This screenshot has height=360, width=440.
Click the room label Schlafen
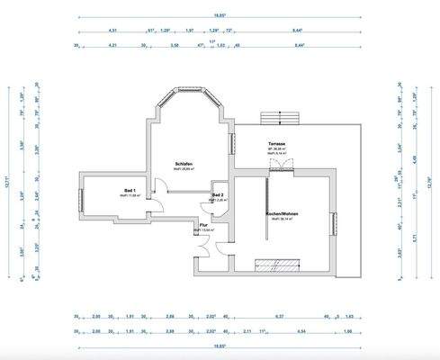click(184, 163)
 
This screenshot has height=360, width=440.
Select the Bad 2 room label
click(218, 194)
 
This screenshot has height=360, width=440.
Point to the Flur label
click(203, 225)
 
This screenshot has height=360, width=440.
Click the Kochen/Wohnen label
click(282, 213)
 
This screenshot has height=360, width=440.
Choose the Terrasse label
click(276, 144)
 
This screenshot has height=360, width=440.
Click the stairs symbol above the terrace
click(278, 117)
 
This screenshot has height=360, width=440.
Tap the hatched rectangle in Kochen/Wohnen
click(278, 265)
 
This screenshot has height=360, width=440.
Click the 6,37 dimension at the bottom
click(278, 317)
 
